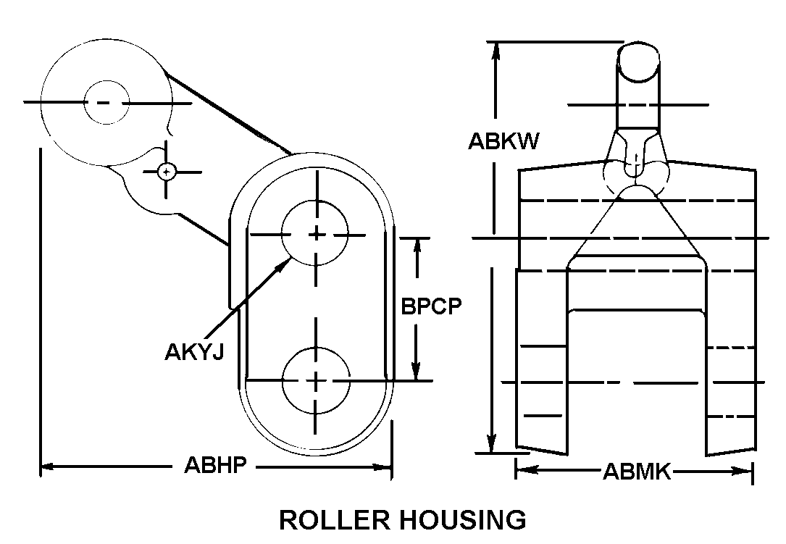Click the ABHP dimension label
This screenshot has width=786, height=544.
pos(215,466)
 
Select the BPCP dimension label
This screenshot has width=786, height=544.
pos(432,306)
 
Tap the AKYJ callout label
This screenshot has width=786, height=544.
pos(193,352)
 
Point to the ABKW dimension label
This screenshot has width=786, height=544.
pos(503,141)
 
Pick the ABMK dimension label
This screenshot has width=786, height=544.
pos(637,473)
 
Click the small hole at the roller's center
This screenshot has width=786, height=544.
pos(106,102)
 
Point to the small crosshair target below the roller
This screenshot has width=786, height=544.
pos(167,172)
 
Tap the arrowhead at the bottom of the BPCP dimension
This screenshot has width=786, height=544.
pos(417,373)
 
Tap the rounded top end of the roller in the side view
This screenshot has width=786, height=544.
pos(639,62)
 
